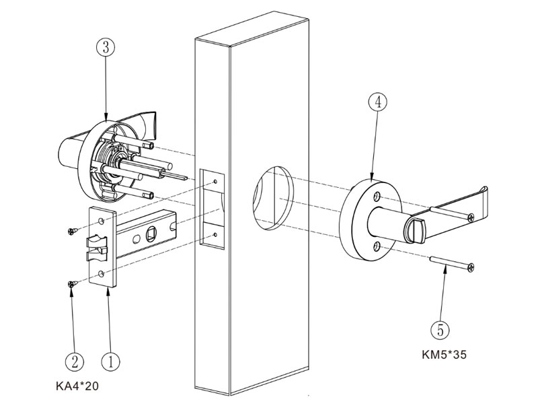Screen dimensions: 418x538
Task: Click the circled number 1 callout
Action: tap(110, 361)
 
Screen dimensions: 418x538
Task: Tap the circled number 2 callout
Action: tap(75, 361)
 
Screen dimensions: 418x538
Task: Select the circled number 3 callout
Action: tap(106, 48)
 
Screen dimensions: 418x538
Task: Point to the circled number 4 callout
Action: tap(377, 102)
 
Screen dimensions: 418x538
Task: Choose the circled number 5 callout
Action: tap(440, 330)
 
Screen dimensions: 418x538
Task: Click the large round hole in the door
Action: tap(271, 195)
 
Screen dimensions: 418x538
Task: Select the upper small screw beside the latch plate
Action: tap(72, 232)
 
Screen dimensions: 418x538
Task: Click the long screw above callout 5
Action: tap(455, 263)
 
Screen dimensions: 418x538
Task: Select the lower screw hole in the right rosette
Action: tap(378, 245)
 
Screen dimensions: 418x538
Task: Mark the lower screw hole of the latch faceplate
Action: tap(102, 273)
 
